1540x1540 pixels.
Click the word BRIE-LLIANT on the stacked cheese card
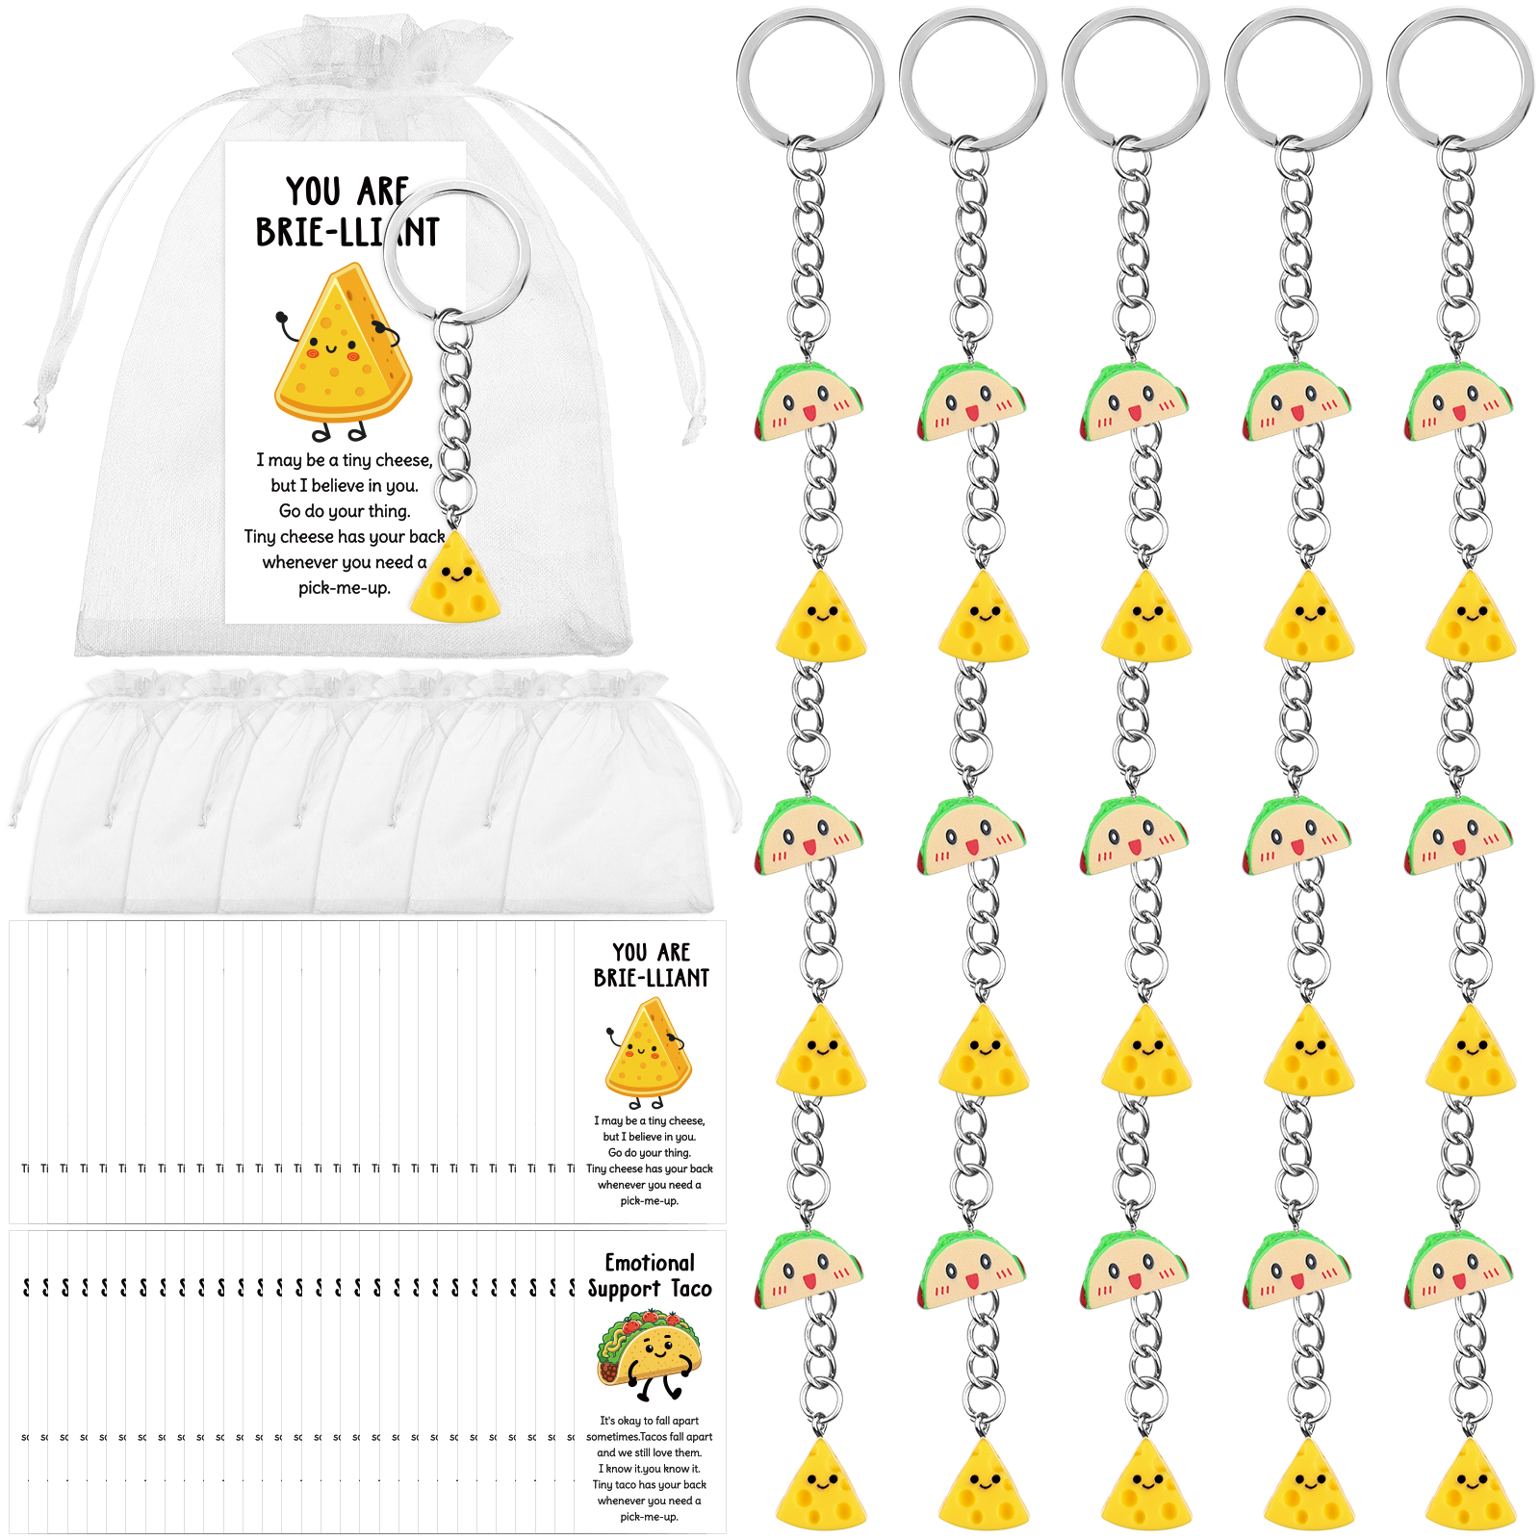(651, 978)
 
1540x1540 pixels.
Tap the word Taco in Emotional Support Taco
(690, 1289)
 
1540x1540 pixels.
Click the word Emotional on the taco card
(649, 1262)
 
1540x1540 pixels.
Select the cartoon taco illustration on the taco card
(648, 1352)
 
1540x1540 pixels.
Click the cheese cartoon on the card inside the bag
(342, 346)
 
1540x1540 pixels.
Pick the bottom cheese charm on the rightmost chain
(1471, 1486)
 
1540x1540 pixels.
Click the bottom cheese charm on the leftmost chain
(821, 1486)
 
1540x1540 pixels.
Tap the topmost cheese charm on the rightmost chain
(1471, 618)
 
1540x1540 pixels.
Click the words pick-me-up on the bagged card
(344, 587)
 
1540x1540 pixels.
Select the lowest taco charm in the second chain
(970, 1271)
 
